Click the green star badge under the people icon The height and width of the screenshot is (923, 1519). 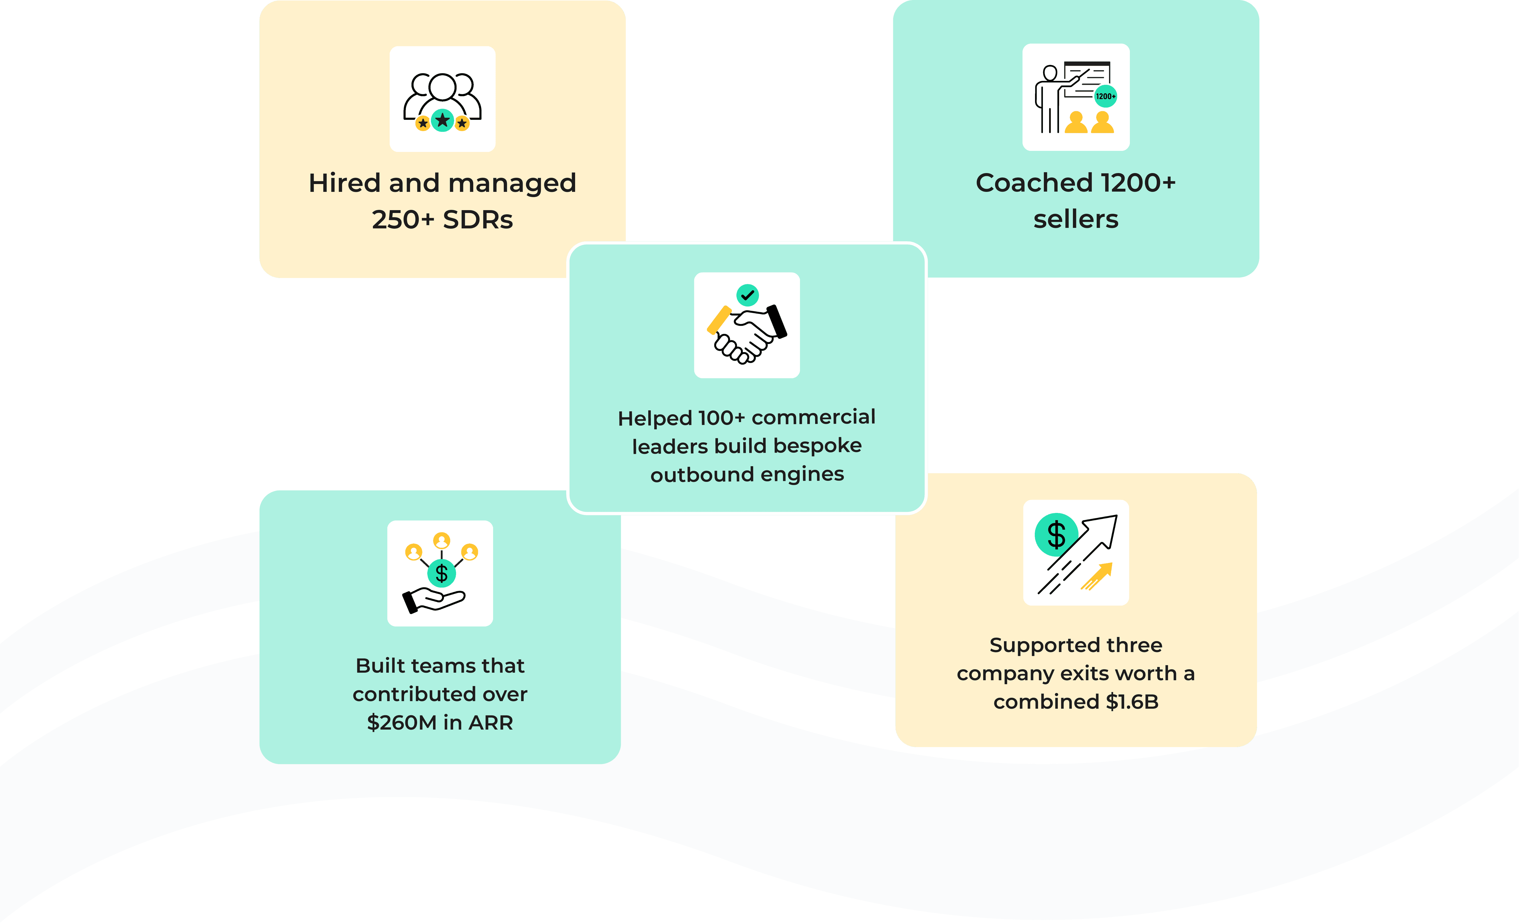click(442, 120)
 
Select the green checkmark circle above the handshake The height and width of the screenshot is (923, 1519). click(748, 295)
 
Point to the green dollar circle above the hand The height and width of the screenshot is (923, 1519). click(441, 573)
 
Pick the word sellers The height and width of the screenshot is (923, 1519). click(1076, 219)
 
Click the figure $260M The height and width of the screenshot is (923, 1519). click(401, 723)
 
